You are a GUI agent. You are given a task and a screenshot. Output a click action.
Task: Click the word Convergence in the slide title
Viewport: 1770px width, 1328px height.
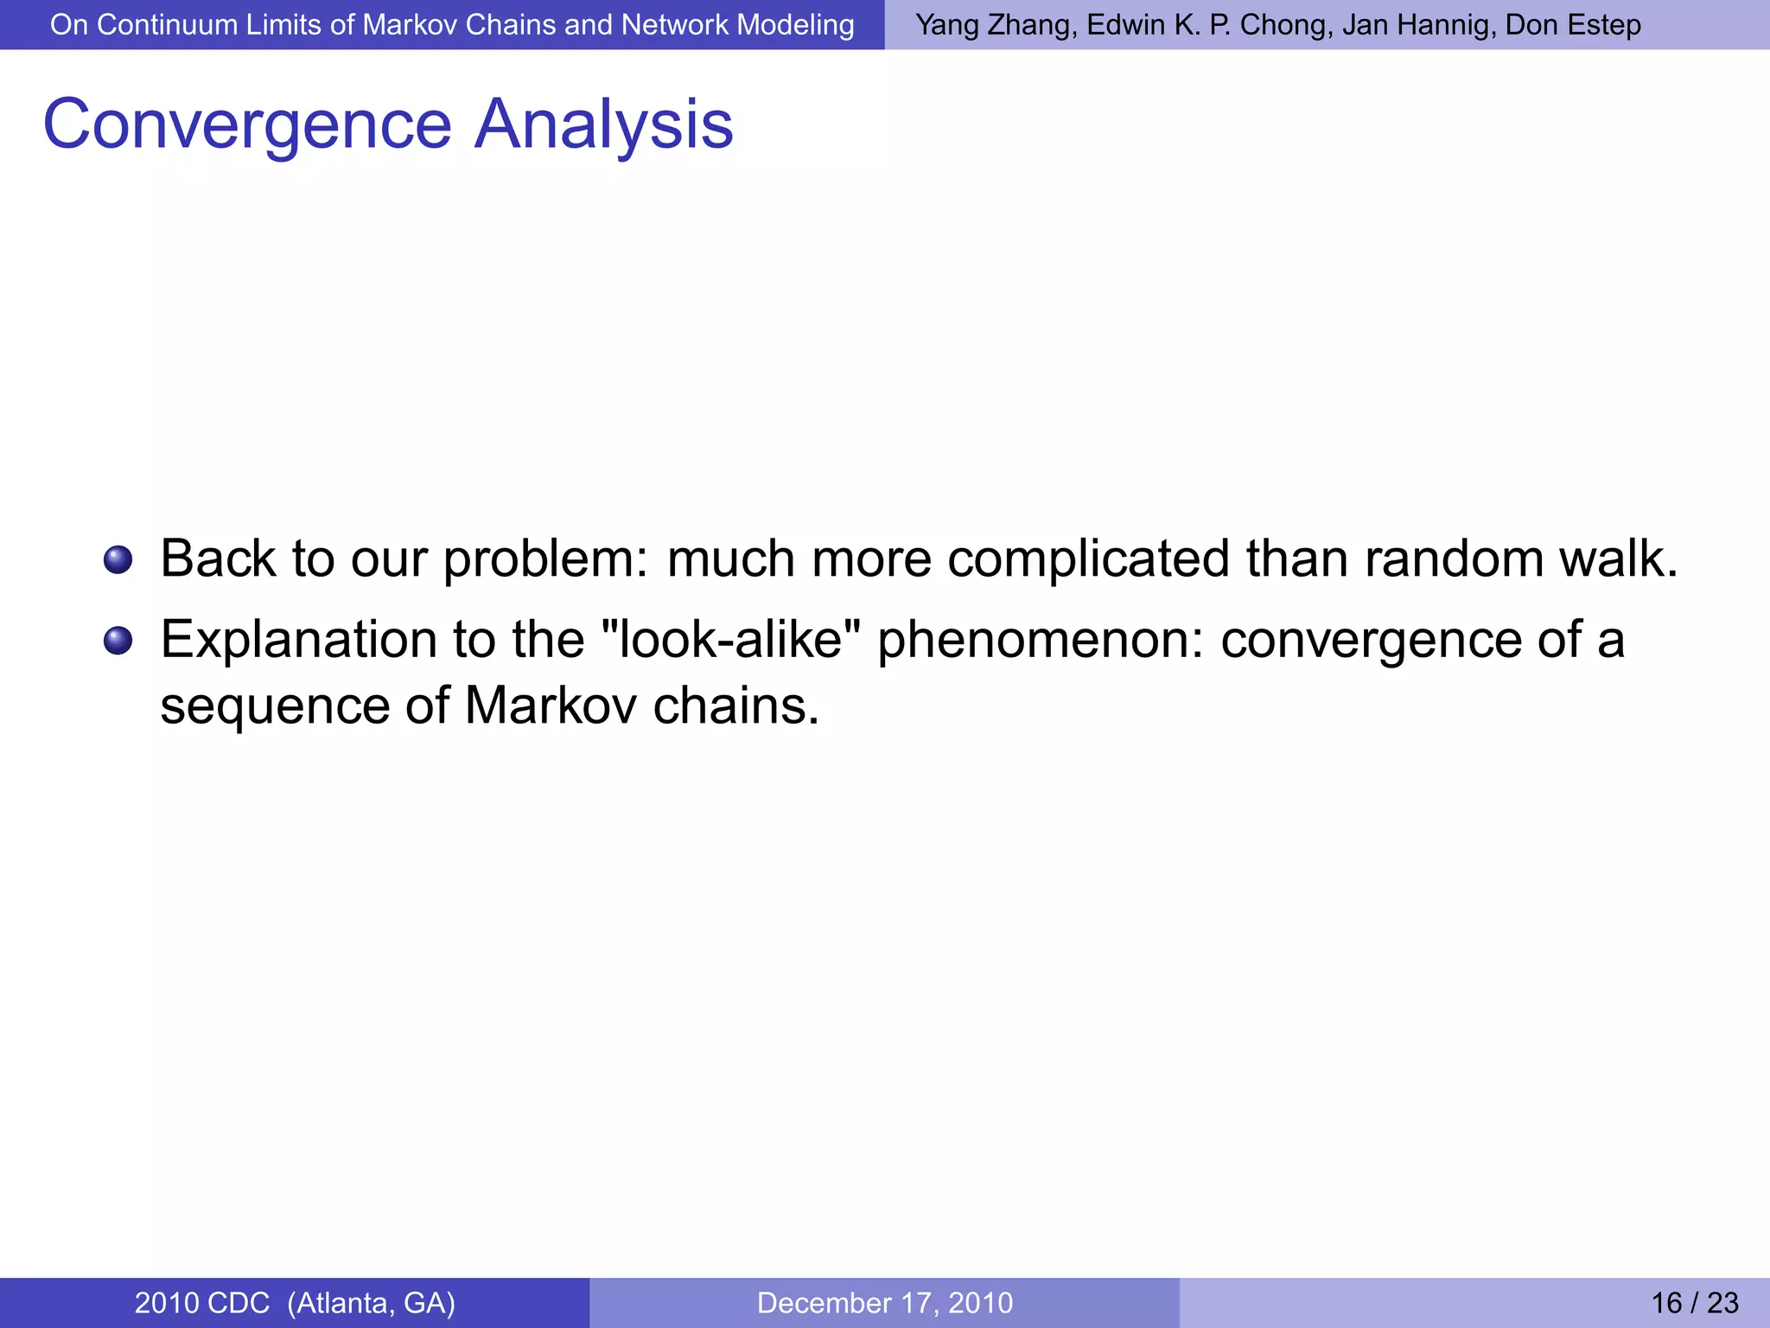point(247,125)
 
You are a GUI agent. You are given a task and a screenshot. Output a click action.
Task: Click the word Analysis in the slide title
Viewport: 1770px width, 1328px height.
point(604,125)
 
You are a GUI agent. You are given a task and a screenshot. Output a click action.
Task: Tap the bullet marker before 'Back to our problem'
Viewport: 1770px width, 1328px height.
point(118,559)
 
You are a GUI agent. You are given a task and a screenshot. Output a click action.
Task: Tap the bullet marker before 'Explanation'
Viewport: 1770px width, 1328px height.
point(118,641)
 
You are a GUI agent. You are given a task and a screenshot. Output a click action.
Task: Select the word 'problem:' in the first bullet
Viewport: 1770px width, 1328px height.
point(546,559)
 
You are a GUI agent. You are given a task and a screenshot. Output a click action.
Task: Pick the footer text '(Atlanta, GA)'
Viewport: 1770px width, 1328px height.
point(371,1303)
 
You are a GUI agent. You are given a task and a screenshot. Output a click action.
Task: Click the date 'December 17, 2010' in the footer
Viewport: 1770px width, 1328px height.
point(885,1303)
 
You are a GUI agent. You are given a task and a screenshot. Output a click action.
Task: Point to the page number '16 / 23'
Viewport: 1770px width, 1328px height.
point(1695,1303)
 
